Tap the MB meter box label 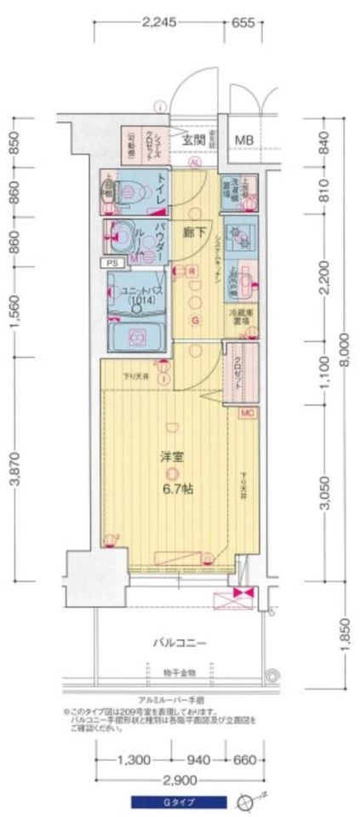(243, 140)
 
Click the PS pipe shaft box (112, 264)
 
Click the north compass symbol (247, 800)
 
